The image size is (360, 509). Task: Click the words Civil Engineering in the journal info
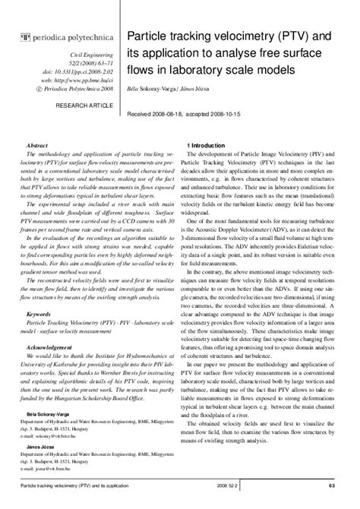coord(93,57)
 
